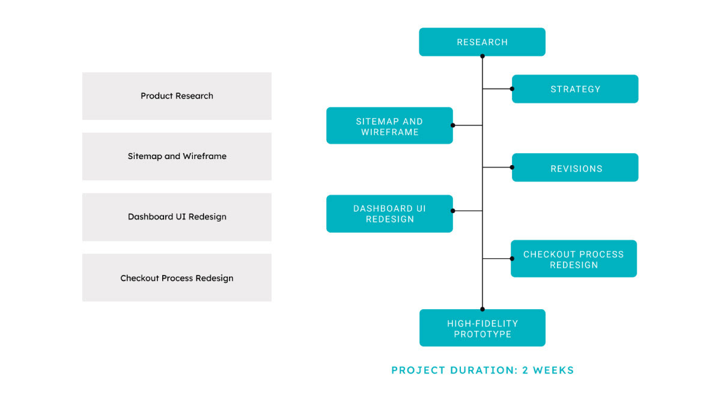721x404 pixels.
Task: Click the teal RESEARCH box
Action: click(x=482, y=42)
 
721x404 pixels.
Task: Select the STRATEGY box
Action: click(x=575, y=89)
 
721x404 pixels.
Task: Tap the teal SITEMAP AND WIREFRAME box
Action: click(x=389, y=125)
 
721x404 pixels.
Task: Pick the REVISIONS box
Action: click(x=575, y=167)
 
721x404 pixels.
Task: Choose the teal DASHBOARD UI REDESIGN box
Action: click(x=389, y=214)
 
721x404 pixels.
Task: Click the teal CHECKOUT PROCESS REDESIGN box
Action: click(x=574, y=259)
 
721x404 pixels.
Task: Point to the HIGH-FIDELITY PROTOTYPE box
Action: click(x=482, y=328)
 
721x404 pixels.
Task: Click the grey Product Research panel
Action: click(x=177, y=96)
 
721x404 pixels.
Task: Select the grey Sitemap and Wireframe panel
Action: click(x=177, y=156)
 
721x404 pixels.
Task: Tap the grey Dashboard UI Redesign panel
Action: click(x=177, y=217)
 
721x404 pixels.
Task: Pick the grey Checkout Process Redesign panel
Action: click(x=177, y=277)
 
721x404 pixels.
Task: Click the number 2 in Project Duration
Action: click(x=525, y=370)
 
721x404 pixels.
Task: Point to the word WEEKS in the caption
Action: click(x=553, y=370)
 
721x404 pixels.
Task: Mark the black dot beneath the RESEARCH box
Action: click(x=482, y=56)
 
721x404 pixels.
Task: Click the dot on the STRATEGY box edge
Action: click(x=512, y=89)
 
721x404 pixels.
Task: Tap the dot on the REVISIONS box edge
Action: click(x=512, y=167)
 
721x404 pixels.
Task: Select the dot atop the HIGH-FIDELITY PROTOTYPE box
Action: click(x=482, y=309)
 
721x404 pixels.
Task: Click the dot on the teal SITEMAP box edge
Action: click(x=453, y=125)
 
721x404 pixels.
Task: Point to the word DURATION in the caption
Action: click(x=484, y=370)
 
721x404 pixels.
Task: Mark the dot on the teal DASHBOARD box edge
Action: click(x=453, y=211)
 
